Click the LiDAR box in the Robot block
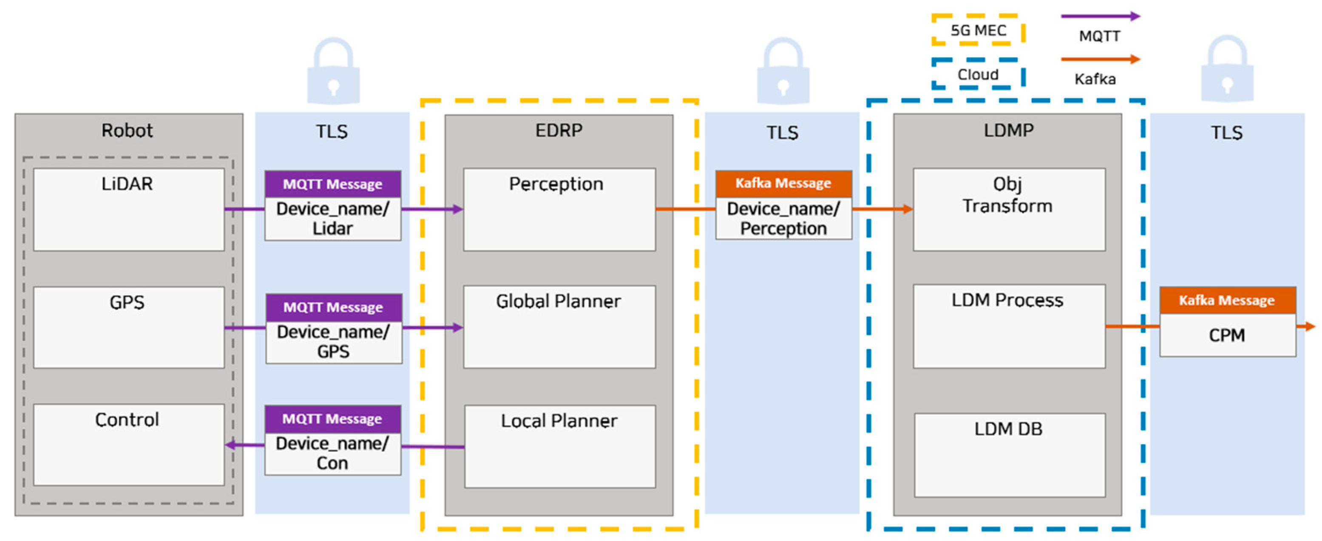(x=128, y=210)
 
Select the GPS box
(x=128, y=327)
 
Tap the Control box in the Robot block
(x=128, y=445)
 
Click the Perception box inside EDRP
(x=559, y=210)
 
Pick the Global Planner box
(x=559, y=327)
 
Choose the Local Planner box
(x=559, y=446)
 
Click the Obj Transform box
(x=1008, y=210)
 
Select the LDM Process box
(x=1008, y=326)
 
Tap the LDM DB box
(x=1009, y=455)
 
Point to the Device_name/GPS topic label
(x=334, y=342)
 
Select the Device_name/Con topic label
(x=332, y=453)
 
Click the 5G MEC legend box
(x=978, y=30)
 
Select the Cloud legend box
(x=978, y=74)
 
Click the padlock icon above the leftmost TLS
(x=333, y=72)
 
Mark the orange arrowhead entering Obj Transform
(x=908, y=209)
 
